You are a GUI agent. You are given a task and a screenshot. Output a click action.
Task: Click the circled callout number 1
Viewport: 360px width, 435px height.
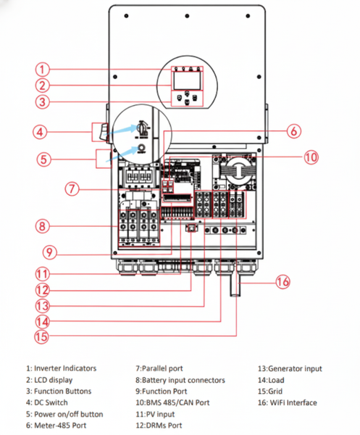click(43, 70)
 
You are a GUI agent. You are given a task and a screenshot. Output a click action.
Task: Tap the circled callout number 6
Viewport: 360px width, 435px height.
click(294, 130)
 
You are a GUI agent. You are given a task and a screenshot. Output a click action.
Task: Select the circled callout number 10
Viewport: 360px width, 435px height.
click(311, 157)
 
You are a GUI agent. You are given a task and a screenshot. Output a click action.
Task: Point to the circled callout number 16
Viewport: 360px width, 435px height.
click(282, 282)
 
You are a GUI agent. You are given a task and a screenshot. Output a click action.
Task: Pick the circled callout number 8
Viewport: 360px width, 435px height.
click(43, 226)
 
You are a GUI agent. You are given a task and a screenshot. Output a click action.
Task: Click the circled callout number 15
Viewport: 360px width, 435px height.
click(41, 337)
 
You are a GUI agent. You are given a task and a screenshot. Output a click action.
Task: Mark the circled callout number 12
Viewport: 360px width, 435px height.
click(43, 290)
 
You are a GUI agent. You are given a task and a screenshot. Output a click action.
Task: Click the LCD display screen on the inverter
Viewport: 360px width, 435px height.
click(187, 80)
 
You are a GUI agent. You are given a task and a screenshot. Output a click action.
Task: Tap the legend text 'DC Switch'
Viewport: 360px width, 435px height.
click(51, 402)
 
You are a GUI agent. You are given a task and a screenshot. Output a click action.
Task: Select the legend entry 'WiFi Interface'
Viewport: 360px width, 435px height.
click(293, 402)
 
